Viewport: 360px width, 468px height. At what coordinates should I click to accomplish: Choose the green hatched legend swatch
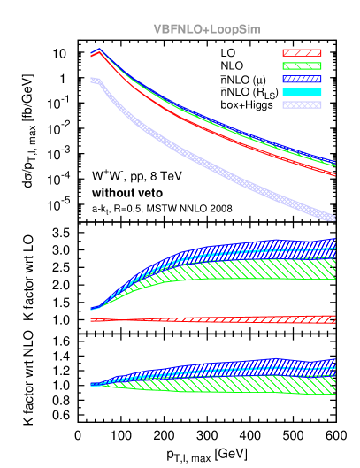click(302, 65)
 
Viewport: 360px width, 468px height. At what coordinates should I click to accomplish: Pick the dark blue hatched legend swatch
click(302, 79)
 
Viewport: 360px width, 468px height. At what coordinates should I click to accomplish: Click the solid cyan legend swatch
click(302, 91)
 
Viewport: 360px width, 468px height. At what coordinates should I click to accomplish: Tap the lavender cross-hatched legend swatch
click(302, 104)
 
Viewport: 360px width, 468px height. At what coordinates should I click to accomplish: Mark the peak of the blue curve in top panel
click(99, 50)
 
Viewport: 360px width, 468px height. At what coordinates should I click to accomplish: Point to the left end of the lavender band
click(92, 80)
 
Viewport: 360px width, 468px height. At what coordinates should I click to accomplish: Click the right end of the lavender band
click(333, 217)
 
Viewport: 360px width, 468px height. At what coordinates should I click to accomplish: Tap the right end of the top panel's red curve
click(333, 173)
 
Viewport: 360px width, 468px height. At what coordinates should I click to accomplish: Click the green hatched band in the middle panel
click(265, 269)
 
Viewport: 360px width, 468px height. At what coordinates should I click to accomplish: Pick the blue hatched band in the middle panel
click(265, 247)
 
